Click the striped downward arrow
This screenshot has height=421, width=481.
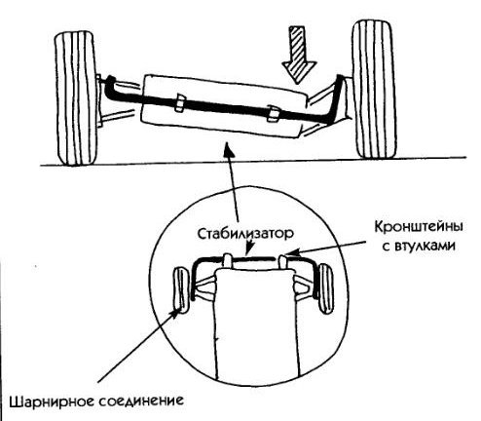pyautogui.click(x=299, y=55)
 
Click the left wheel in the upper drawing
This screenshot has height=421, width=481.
pyautogui.click(x=77, y=98)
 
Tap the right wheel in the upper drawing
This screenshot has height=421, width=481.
pyautogui.click(x=375, y=90)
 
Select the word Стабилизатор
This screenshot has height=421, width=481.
pyautogui.click(x=245, y=234)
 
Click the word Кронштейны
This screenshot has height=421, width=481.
pyautogui.click(x=419, y=227)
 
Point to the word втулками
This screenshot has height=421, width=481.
pyautogui.click(x=425, y=247)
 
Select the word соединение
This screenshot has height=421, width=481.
pyautogui.click(x=141, y=401)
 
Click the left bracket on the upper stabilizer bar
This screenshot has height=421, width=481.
pyautogui.click(x=180, y=103)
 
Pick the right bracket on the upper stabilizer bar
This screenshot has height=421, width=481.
pyautogui.click(x=274, y=114)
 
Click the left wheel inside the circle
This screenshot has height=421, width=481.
pyautogui.click(x=181, y=290)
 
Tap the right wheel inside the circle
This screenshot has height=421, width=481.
pyautogui.click(x=326, y=288)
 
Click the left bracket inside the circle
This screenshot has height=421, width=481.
pyautogui.click(x=228, y=260)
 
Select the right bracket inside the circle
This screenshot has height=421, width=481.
pyautogui.click(x=283, y=261)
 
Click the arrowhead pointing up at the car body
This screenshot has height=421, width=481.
pyautogui.click(x=229, y=149)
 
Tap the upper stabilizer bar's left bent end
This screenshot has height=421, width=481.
pyautogui.click(x=110, y=87)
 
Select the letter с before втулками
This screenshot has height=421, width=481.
pyautogui.click(x=386, y=247)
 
